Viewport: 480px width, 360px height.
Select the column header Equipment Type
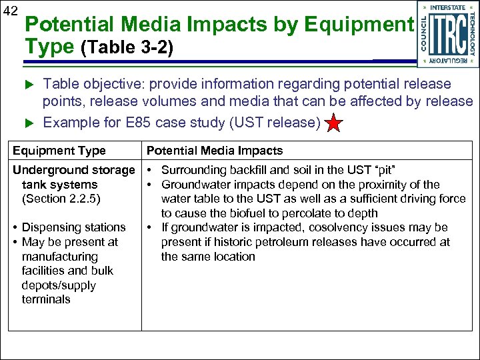[59, 151]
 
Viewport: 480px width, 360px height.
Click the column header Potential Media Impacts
[215, 151]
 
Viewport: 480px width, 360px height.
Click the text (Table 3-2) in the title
[127, 49]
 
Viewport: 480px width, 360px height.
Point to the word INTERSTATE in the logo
[448, 7]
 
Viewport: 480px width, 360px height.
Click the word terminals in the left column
[46, 299]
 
